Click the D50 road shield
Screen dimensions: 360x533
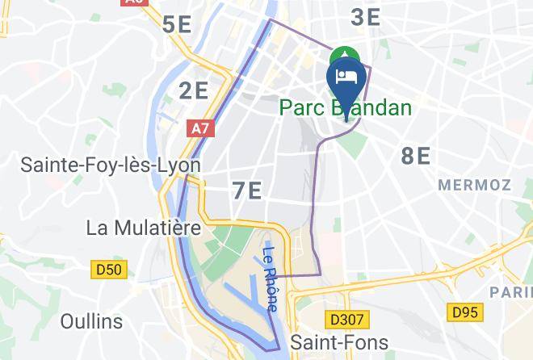click(x=109, y=270)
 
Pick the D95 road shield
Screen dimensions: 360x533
click(x=467, y=311)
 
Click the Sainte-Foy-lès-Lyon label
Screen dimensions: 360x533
click(x=110, y=165)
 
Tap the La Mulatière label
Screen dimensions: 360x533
click(x=143, y=228)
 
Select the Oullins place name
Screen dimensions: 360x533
click(x=91, y=321)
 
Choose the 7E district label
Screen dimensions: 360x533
click(x=246, y=191)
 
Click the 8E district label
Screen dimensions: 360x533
click(x=416, y=156)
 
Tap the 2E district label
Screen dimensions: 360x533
click(x=194, y=90)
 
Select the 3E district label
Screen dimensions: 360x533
click(x=365, y=17)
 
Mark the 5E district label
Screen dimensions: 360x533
click(x=177, y=24)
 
